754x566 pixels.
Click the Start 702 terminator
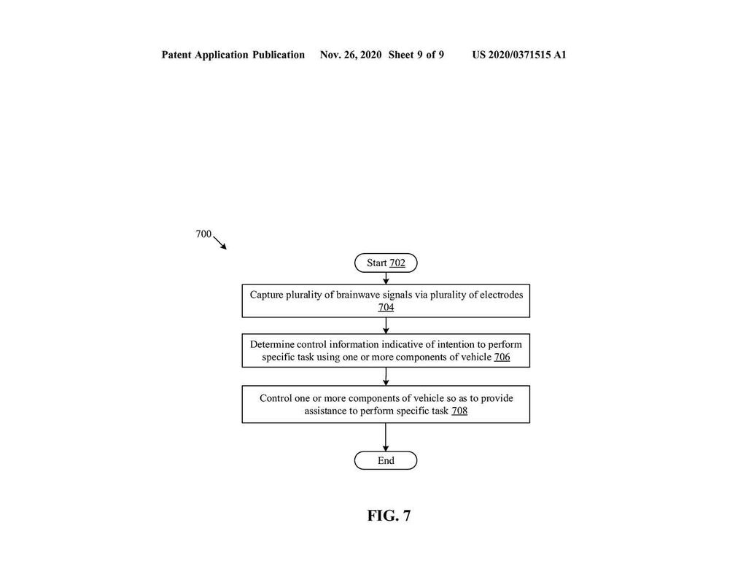386,263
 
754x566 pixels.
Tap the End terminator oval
386,460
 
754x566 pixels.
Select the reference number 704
386,307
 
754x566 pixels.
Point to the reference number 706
502,357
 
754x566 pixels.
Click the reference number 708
459,411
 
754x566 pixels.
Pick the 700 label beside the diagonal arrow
203,233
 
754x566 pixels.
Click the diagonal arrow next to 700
219,243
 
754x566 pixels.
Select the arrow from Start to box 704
386,279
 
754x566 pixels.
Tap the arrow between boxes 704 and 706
386,325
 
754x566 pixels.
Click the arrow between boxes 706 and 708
386,376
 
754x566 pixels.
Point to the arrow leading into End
386,437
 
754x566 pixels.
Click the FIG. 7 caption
389,516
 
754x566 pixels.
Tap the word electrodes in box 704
501,295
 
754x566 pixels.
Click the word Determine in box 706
272,344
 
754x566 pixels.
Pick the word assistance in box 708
325,411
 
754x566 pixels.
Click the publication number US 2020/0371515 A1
519,55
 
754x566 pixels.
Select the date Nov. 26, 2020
351,55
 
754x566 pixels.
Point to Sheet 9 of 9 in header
416,55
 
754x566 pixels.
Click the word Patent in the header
176,55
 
